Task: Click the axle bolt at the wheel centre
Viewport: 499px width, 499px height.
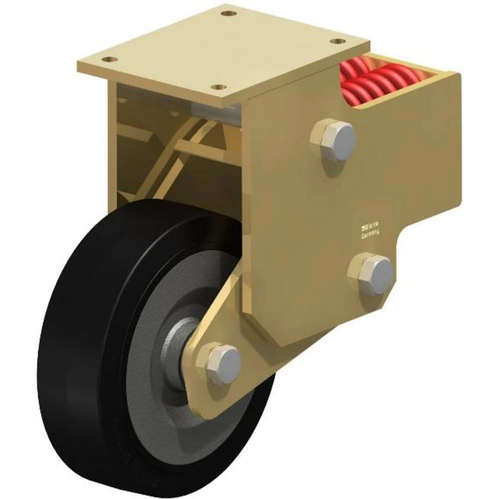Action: click(223, 364)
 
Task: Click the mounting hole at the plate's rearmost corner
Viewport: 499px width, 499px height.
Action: click(229, 13)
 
